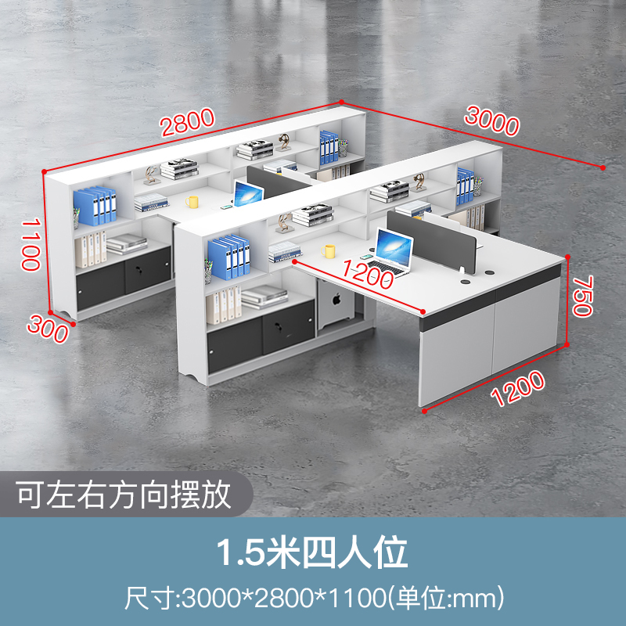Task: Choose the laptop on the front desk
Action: point(394,251)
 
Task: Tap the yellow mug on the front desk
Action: point(329,250)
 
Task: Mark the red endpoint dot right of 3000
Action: point(603,167)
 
